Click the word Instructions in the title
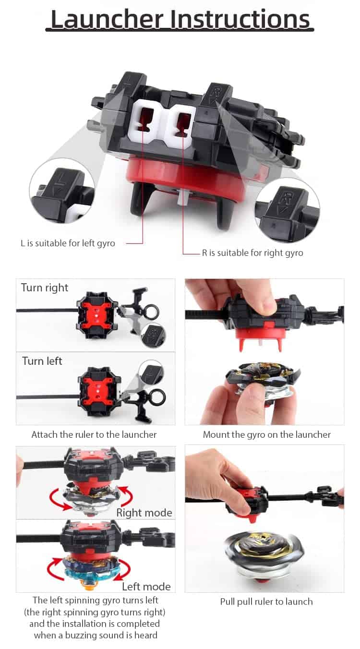click(x=240, y=19)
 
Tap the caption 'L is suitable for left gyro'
click(x=68, y=243)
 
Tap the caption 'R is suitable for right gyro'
click(x=252, y=253)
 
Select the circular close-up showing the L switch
click(x=62, y=191)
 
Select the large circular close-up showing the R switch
click(x=288, y=210)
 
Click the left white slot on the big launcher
click(x=144, y=120)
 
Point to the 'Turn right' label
click(x=45, y=288)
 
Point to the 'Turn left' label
click(x=42, y=361)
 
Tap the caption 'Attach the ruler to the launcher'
click(x=94, y=434)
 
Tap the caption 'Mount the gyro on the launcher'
click(x=267, y=434)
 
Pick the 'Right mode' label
click(x=144, y=513)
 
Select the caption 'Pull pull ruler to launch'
click(x=266, y=602)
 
